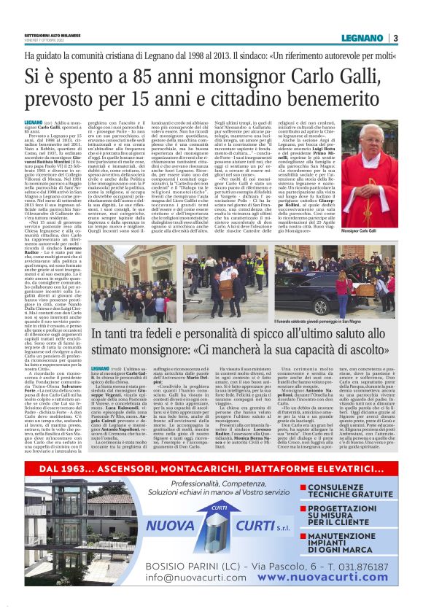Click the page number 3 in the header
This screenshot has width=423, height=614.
[x=395, y=39]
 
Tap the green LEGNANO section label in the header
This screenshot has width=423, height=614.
[x=360, y=39]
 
